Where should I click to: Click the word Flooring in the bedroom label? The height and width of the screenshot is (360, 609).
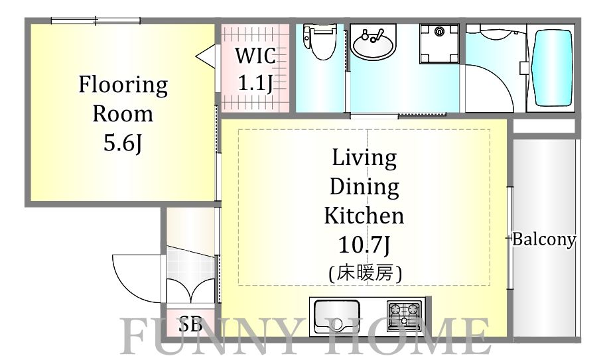pyautogui.click(x=123, y=85)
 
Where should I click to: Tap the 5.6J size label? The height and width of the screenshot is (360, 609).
pyautogui.click(x=123, y=143)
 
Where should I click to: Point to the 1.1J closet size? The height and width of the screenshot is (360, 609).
pyautogui.click(x=255, y=83)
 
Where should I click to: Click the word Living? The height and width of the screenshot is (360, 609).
pyautogui.click(x=364, y=158)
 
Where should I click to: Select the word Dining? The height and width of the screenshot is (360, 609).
pyautogui.click(x=364, y=187)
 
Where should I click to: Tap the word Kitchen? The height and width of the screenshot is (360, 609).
pyautogui.click(x=364, y=215)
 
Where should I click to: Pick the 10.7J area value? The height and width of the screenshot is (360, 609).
pyautogui.click(x=364, y=245)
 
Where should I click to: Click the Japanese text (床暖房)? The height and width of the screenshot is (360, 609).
pyautogui.click(x=364, y=272)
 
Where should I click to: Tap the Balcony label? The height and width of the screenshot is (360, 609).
pyautogui.click(x=543, y=239)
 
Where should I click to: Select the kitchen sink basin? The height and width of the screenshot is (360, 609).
pyautogui.click(x=337, y=316)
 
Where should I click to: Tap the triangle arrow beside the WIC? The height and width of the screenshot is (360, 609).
pyautogui.click(x=206, y=56)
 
